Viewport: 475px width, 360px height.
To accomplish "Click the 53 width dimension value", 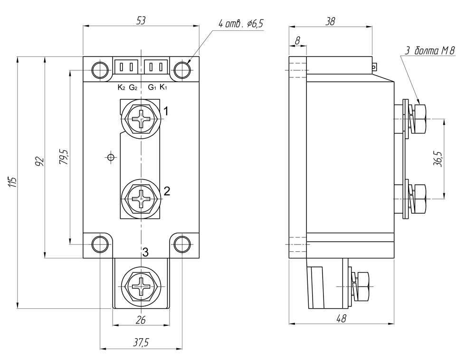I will (141, 21).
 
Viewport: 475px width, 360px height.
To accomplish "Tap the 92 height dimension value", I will (40, 161).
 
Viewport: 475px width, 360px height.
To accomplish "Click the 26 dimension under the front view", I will (141, 320).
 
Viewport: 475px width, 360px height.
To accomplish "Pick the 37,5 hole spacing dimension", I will (141, 343).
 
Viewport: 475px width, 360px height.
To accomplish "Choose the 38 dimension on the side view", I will (330, 21).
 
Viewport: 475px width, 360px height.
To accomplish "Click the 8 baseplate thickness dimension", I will (297, 41).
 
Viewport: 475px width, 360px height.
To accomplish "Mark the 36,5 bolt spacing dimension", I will (438, 159).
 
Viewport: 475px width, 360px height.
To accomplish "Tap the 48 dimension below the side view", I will (341, 319).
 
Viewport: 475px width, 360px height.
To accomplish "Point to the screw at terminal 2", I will (141, 198).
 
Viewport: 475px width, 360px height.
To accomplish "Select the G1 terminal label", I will (152, 87).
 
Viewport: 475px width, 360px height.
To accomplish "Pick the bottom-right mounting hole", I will (182, 244).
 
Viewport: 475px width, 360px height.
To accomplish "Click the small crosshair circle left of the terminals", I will (111, 157).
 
